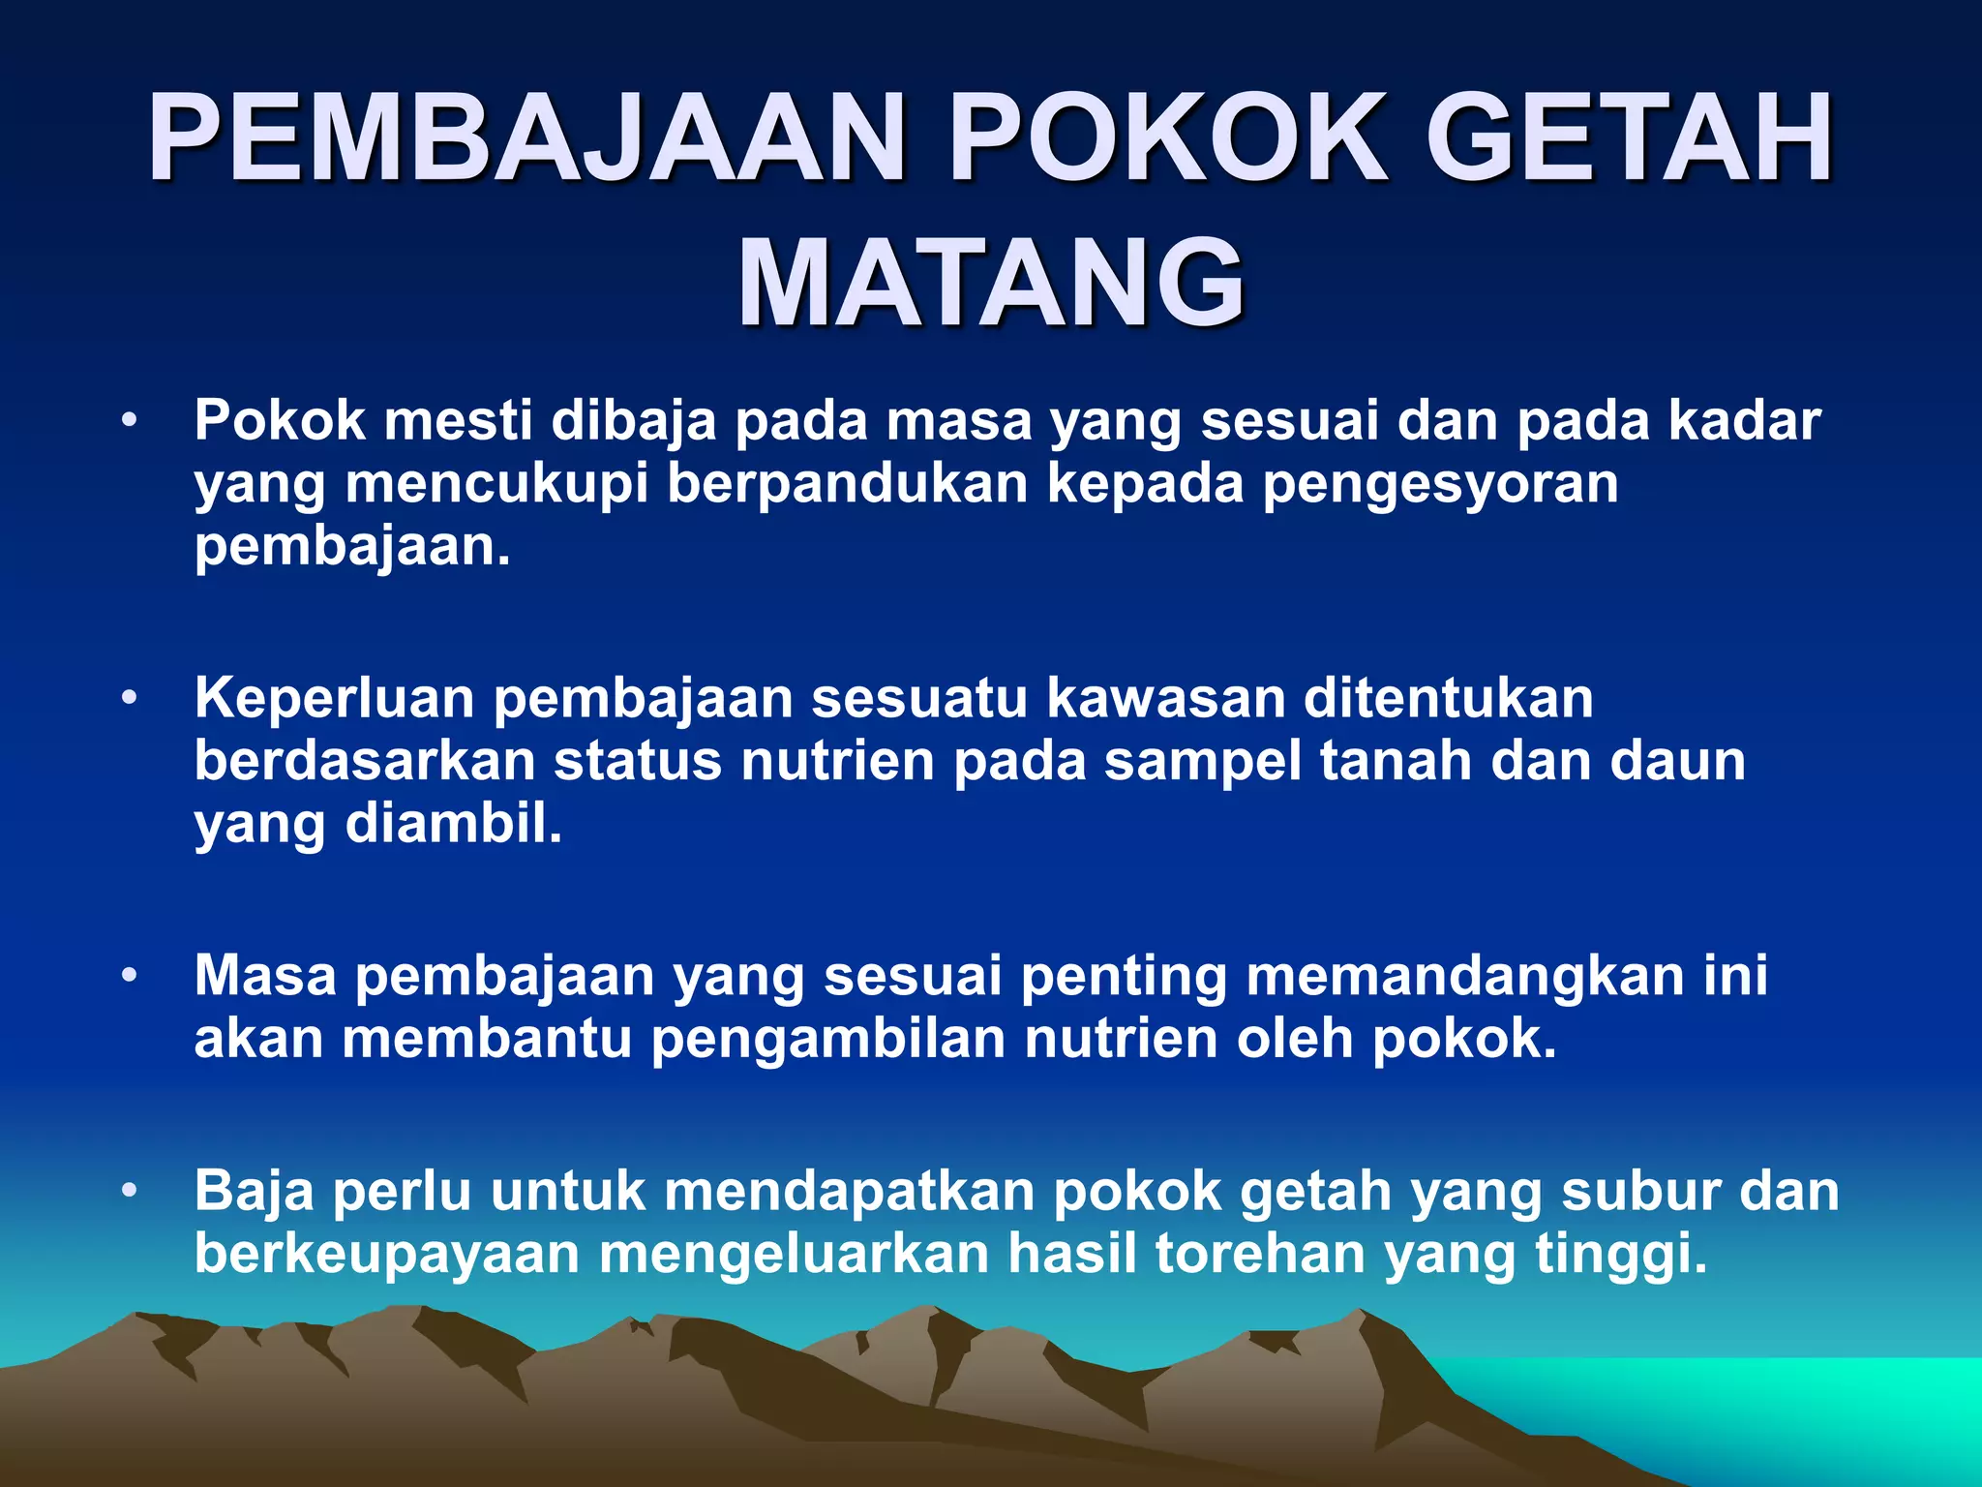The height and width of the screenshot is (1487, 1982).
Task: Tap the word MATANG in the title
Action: [991, 284]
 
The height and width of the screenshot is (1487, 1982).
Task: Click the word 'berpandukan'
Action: [847, 484]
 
